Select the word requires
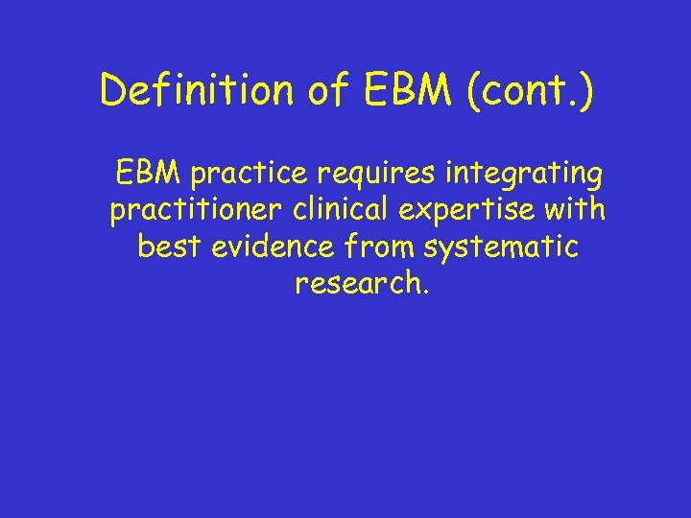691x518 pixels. coord(361,175)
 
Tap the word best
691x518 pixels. coord(168,247)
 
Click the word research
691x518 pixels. coord(354,283)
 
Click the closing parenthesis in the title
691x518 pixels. coord(585,92)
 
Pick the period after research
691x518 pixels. coord(417,292)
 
